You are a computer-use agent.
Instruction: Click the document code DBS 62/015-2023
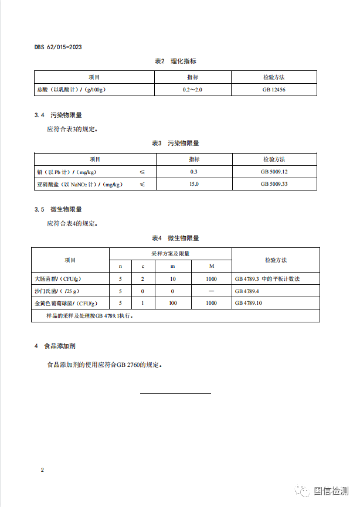(57, 47)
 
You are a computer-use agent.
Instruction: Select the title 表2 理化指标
(175, 61)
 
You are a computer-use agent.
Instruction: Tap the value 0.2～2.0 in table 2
(192, 90)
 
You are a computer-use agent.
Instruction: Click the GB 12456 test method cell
(274, 90)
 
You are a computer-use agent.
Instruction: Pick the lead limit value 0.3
(193, 171)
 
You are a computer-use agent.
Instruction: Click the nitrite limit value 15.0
(193, 184)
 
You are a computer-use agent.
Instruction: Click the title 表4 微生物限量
(175, 238)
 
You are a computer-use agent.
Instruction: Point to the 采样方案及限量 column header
(170, 254)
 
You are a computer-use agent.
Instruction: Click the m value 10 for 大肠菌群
(173, 279)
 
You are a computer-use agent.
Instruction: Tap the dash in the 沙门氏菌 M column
(211, 291)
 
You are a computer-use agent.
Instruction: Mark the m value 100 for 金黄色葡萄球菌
(173, 303)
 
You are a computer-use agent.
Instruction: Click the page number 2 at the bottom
(42, 470)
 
